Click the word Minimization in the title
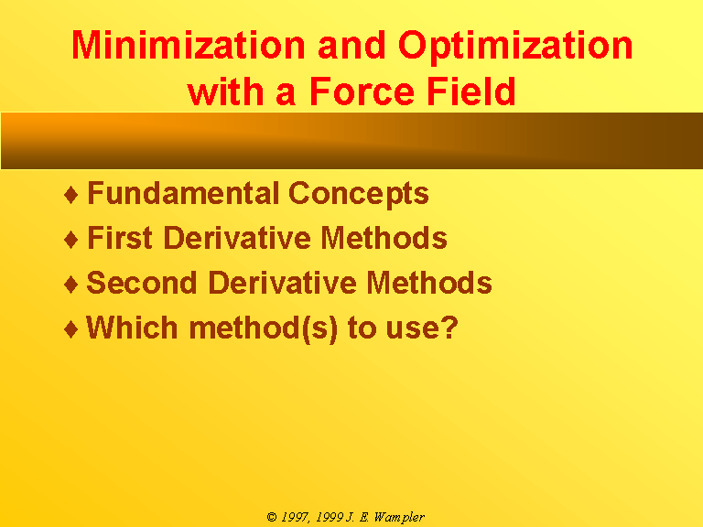click(x=189, y=45)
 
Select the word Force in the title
click(x=362, y=91)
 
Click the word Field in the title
click(x=470, y=91)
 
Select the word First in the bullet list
click(x=120, y=237)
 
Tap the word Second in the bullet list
click(x=141, y=283)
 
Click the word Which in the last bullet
click(x=132, y=328)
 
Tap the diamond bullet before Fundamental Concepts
click(x=71, y=195)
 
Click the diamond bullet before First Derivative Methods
click(x=71, y=240)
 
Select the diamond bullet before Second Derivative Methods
click(x=71, y=285)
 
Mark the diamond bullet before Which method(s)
click(x=71, y=329)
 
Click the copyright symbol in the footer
click(x=272, y=517)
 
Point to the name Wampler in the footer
click(x=399, y=518)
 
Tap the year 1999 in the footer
click(x=330, y=517)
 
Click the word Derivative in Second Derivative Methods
click(x=283, y=283)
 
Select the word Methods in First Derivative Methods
click(x=384, y=237)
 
